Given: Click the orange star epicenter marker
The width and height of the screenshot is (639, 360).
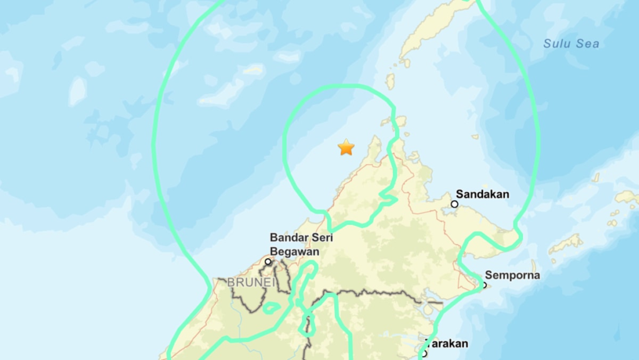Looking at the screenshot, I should pos(346,147).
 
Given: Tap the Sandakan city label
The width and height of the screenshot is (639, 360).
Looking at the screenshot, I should pos(482,194).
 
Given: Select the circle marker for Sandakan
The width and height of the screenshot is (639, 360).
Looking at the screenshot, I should pos(455,204).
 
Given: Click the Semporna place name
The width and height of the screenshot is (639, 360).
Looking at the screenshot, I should pos(512,275).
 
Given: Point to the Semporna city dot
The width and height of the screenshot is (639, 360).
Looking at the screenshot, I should pos(484,285).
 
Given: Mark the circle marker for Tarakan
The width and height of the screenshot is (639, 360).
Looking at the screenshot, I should pos(424,353).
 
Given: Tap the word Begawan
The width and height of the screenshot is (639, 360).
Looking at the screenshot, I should pos(295,251).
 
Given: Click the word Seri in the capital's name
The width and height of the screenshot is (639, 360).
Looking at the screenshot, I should pos(322,238).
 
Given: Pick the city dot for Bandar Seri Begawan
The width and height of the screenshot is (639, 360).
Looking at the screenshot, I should pos(268,262).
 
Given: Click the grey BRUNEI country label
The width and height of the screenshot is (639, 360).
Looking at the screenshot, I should pos(251,283).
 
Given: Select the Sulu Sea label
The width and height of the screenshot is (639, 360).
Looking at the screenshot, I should pos(571,44).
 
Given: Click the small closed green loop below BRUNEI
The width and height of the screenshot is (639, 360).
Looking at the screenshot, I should pos(271,308).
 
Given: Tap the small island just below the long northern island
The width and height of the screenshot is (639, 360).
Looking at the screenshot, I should pos(390,82).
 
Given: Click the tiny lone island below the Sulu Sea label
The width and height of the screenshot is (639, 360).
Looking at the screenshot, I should pos(475,136).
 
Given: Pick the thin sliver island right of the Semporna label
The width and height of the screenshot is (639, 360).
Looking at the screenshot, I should pos(534,267).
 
